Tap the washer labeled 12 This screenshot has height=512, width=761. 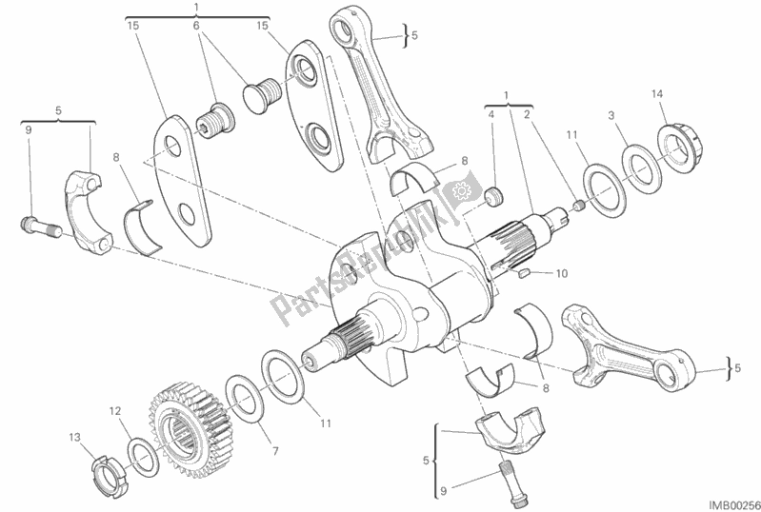coord(143,456)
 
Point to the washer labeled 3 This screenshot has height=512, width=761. coord(642,168)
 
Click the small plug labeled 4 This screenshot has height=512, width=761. coord(494,196)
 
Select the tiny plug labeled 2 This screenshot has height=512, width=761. coord(579,207)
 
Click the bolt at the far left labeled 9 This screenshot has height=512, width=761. coord(41,226)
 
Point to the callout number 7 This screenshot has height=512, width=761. coord(275,451)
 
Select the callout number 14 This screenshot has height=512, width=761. coord(656,93)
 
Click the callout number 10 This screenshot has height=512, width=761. coord(561,273)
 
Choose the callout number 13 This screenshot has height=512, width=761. coord(74,438)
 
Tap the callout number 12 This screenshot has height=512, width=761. coord(114,411)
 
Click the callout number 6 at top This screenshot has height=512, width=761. coord(196,25)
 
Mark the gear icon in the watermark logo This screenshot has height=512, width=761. coord(461,190)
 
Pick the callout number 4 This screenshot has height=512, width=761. coord(491,114)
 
